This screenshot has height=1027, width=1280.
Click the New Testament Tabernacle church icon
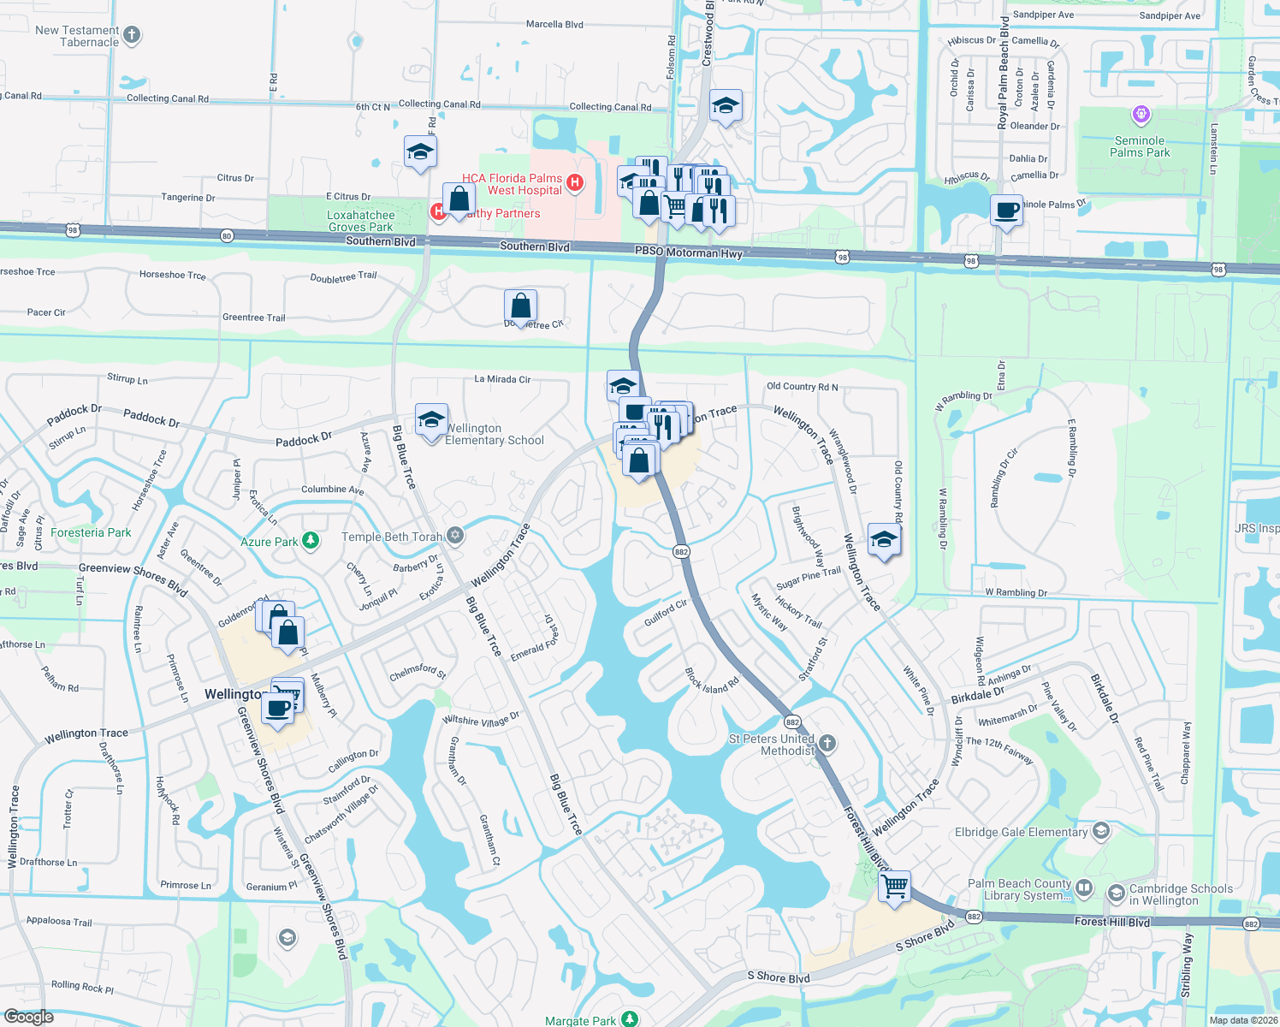pos(132,35)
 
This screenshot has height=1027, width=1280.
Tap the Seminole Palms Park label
pos(1140,146)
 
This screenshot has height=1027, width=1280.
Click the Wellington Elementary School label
pos(494,434)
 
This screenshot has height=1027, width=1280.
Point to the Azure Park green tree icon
pos(311,541)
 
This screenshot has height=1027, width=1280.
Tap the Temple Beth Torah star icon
pos(455,536)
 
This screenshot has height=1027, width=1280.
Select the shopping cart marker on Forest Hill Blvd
pos(894,887)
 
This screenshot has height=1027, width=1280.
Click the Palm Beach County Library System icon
pos(1084,887)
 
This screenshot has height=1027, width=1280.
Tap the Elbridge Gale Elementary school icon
pos(1101,831)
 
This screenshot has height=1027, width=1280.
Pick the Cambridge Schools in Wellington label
pos(1181,894)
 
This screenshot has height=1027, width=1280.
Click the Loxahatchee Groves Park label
pos(360,221)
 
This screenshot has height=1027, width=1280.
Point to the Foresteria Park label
pos(91,532)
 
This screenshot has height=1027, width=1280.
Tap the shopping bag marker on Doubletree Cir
pos(520,306)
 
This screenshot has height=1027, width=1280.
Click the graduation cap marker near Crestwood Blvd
pos(726,106)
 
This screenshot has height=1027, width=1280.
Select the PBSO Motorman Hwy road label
pos(688,252)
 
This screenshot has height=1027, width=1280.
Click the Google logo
pos(29,1016)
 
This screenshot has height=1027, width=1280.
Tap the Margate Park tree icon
pos(630,1018)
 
